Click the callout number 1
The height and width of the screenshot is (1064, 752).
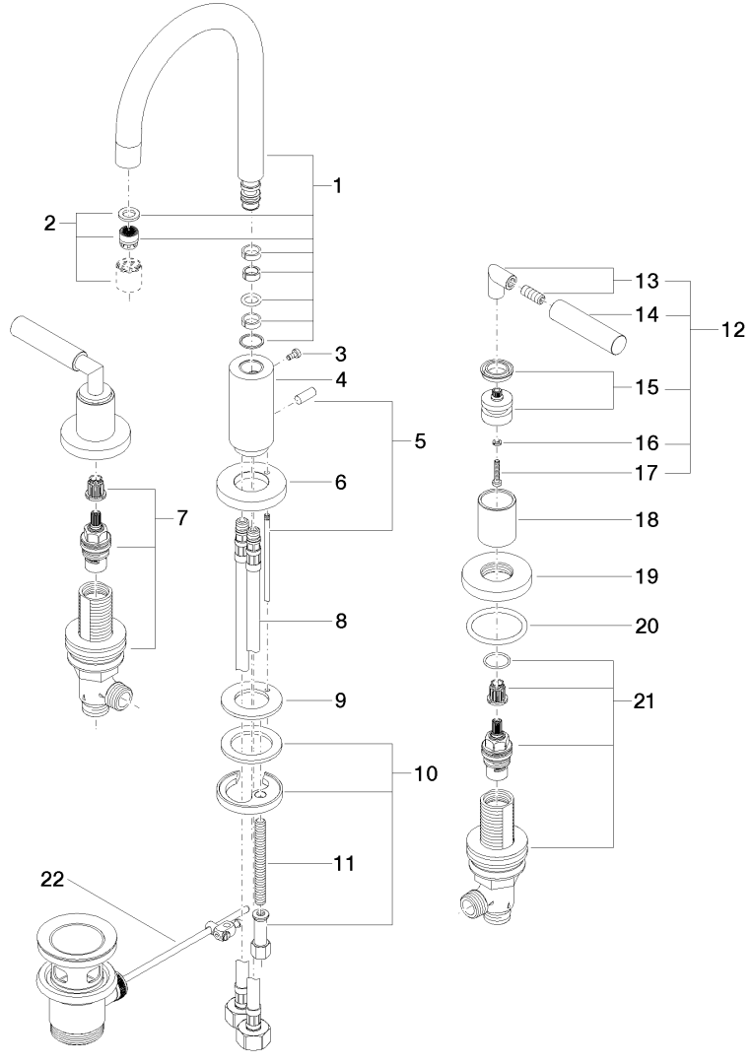pyautogui.click(x=337, y=185)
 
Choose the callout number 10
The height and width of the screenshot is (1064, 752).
pyautogui.click(x=427, y=773)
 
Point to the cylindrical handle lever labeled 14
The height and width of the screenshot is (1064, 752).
pyautogui.click(x=586, y=328)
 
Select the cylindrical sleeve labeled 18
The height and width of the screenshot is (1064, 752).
pyautogui.click(x=499, y=518)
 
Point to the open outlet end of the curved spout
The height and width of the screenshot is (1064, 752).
pyautogui.click(x=127, y=155)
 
